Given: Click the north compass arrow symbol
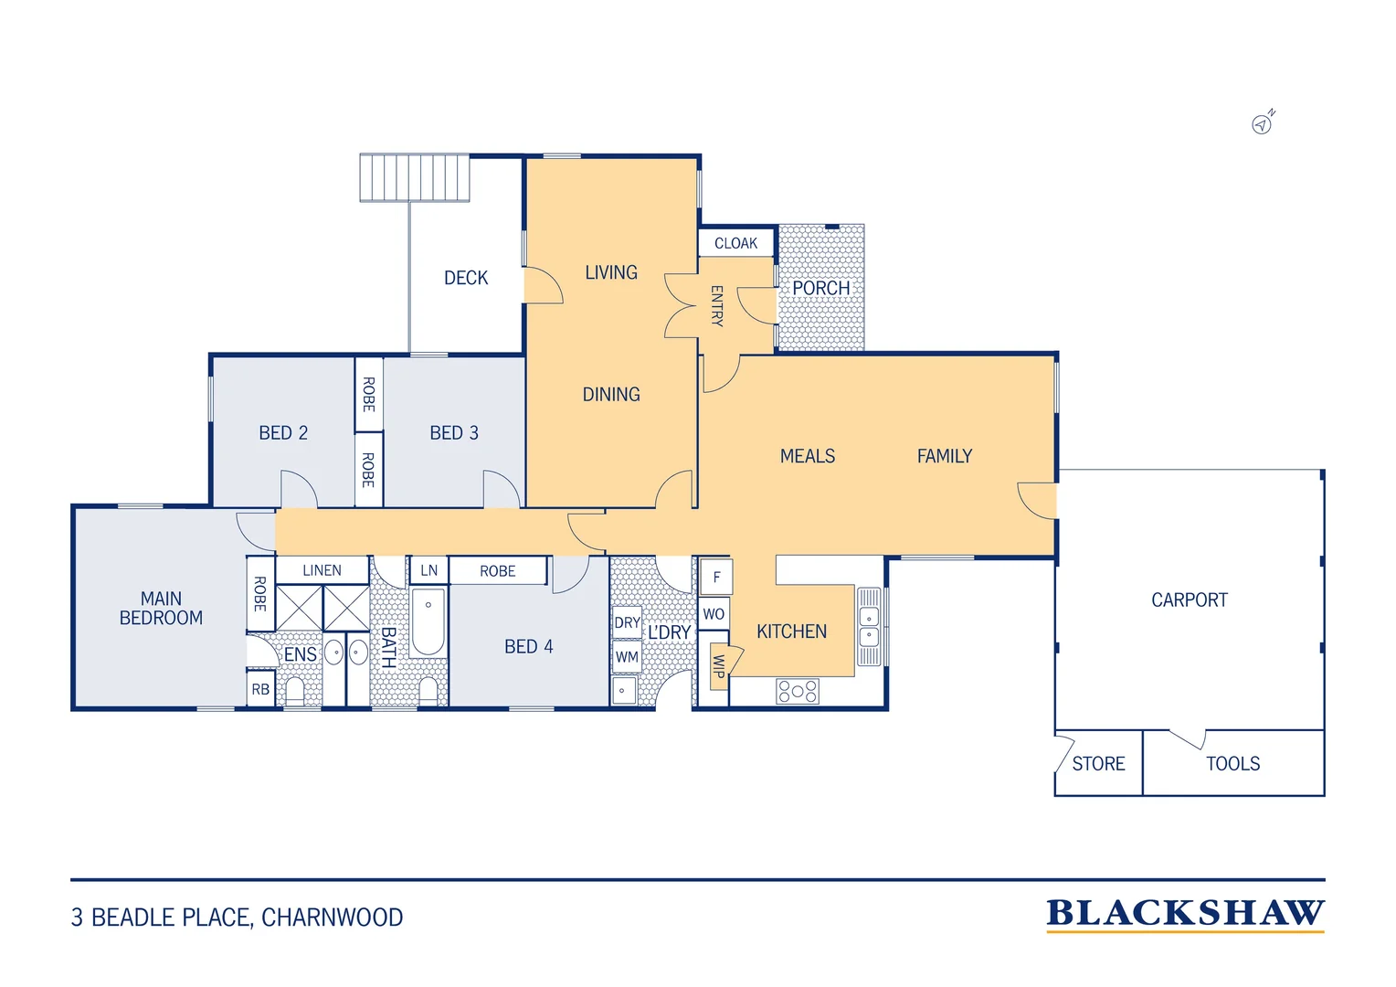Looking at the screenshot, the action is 1263,122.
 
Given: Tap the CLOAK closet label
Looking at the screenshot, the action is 736,243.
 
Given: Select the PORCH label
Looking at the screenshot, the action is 820,288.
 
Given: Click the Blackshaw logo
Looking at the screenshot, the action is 1185,916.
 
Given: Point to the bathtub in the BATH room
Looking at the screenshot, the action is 428,621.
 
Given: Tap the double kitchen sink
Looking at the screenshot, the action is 869,627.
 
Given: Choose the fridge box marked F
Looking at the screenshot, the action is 716,577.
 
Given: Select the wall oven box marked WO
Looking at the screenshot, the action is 714,614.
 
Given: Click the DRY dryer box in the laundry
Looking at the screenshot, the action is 627,622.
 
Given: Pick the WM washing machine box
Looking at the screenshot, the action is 627,656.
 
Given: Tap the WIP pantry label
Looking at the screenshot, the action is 719,666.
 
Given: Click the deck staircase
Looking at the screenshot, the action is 415,177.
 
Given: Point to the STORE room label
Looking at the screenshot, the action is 1098,764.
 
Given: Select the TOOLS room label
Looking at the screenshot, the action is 1232,764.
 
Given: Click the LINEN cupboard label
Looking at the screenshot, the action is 322,570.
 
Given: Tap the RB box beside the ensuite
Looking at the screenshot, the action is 260,689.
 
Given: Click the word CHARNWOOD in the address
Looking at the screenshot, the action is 333,918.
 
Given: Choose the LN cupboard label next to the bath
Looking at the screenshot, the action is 428,570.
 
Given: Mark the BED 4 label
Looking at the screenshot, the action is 528,646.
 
